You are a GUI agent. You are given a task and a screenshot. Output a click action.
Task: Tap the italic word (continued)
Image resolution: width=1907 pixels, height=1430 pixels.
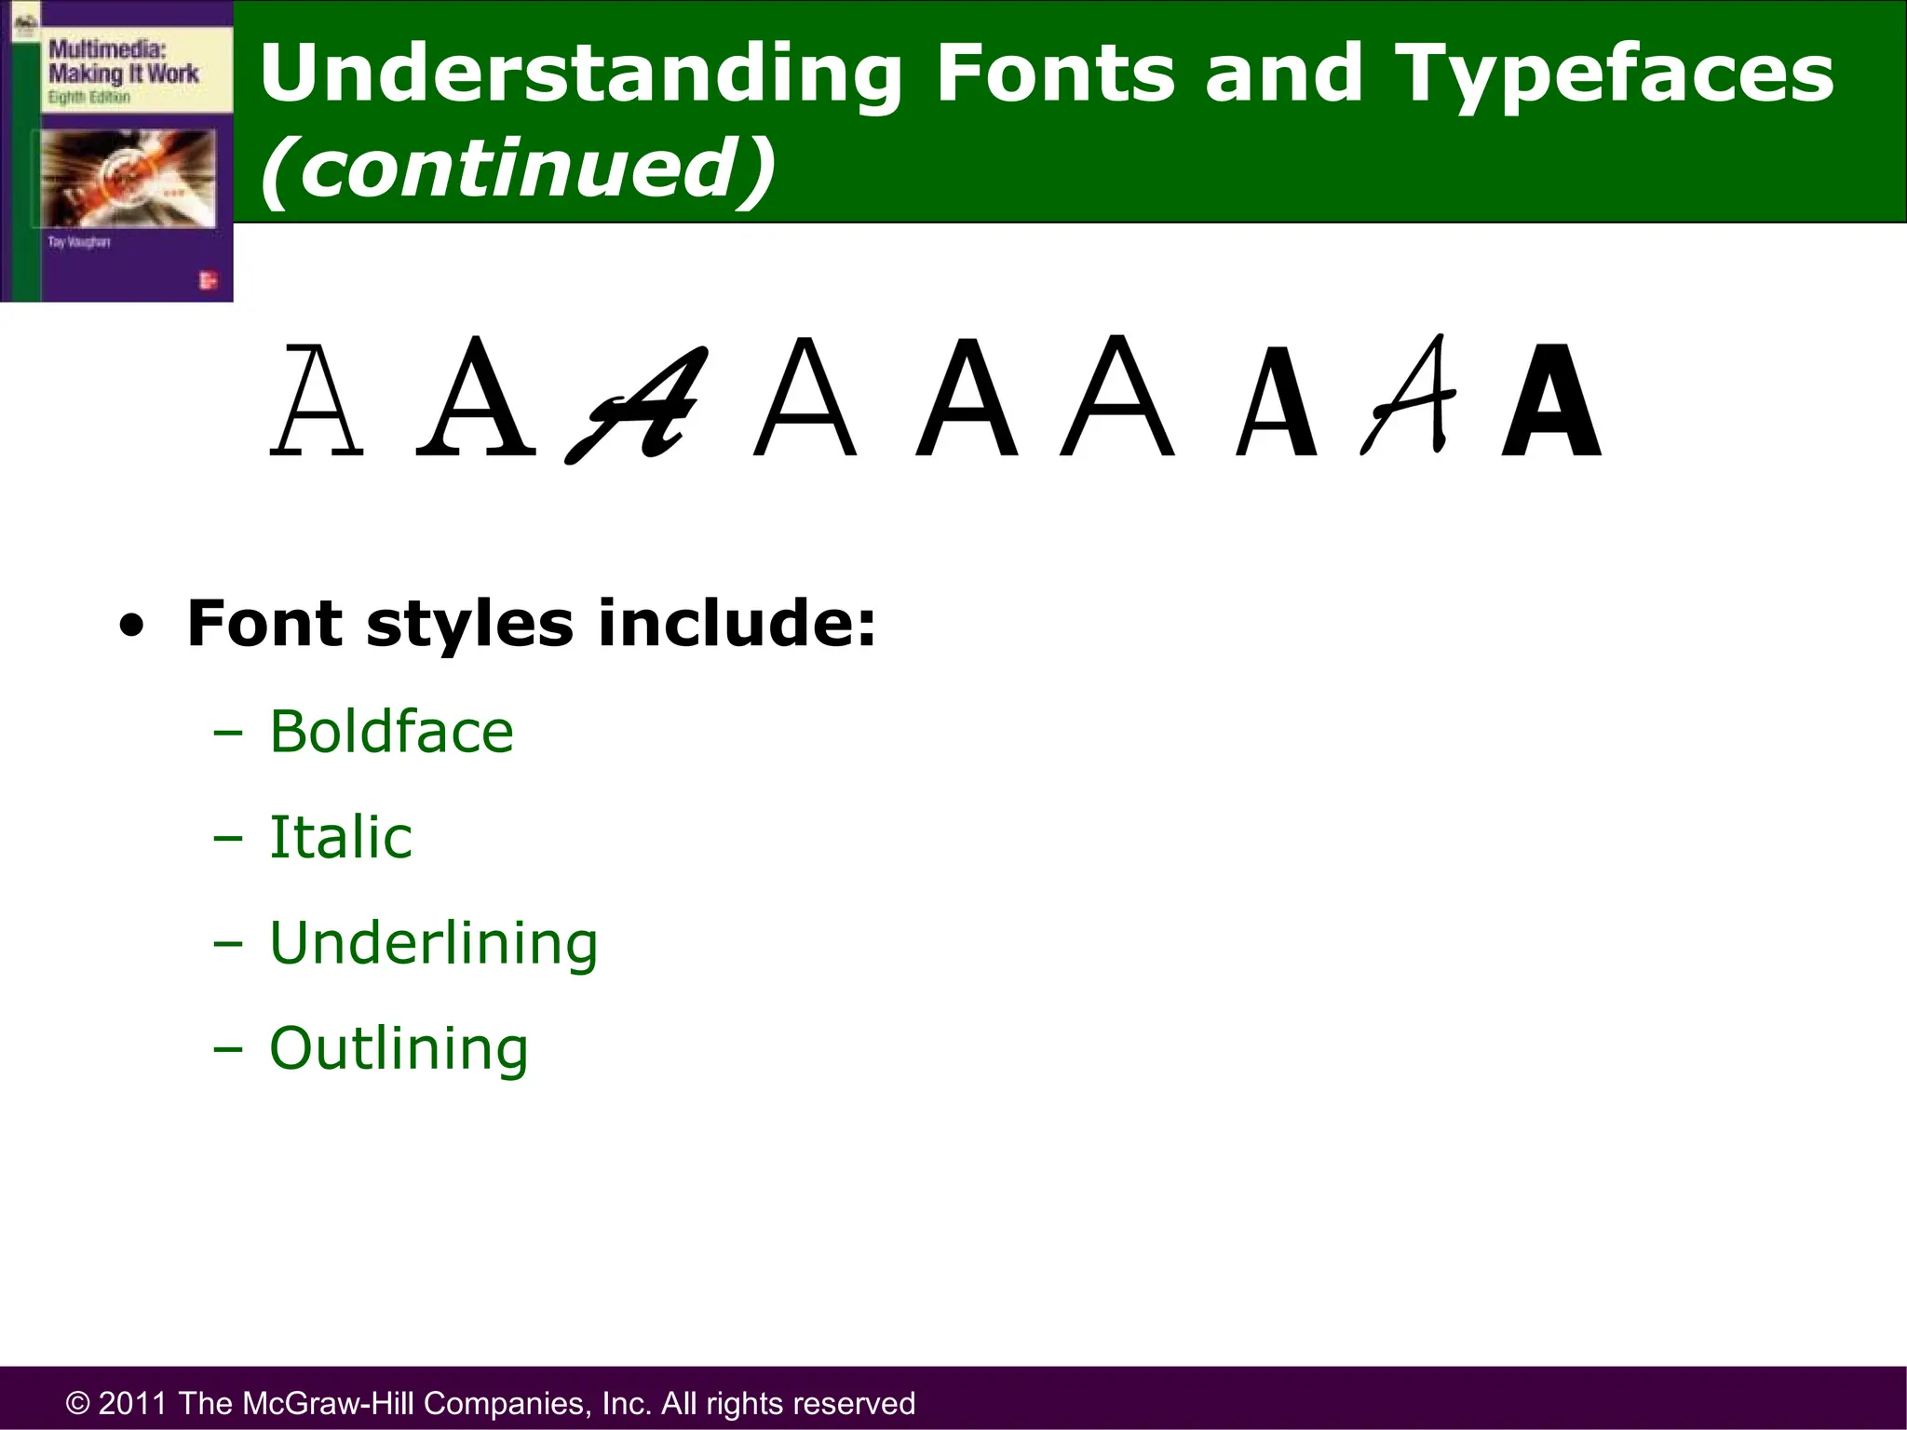tap(518, 168)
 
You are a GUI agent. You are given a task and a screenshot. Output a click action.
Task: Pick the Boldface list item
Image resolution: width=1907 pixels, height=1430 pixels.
tap(391, 732)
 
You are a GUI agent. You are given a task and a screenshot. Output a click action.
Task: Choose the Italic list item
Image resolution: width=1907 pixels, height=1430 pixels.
tap(341, 837)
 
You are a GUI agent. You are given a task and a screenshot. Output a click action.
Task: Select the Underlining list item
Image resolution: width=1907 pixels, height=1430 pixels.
tap(434, 943)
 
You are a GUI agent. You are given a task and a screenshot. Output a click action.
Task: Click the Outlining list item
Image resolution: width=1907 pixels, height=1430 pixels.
tap(399, 1049)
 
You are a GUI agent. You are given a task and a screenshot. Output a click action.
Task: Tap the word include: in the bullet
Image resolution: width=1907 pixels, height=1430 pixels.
tap(736, 623)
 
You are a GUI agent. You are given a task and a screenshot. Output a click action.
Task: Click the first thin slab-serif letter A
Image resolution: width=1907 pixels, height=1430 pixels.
tap(317, 400)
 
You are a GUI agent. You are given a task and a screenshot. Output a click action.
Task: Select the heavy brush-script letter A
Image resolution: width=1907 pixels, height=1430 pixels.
tap(637, 405)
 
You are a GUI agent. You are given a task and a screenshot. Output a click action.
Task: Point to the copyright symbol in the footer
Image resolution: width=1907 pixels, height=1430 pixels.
tap(78, 1403)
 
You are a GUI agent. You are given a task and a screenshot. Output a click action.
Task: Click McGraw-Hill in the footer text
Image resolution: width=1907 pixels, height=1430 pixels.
tap(329, 1403)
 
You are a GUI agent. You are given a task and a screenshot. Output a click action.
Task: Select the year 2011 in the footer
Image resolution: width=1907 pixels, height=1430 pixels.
tap(132, 1403)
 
